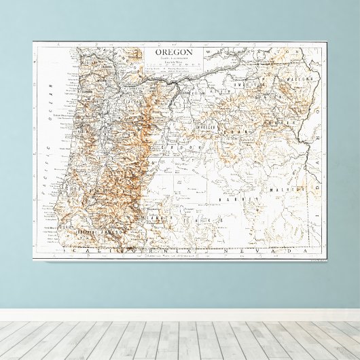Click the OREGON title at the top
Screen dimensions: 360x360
pyautogui.click(x=174, y=52)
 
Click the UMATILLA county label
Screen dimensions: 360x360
pyautogui.click(x=245, y=84)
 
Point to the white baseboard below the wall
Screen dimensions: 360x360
pyautogui.click(x=180, y=315)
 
